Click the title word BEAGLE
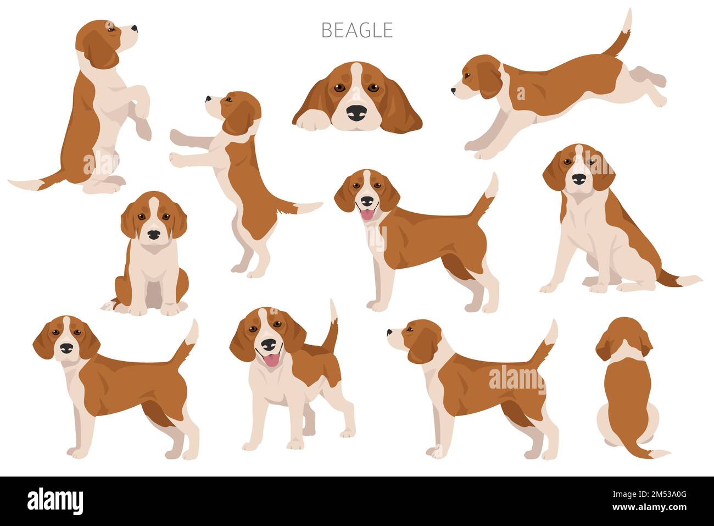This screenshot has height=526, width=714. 356,30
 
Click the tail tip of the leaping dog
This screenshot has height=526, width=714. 628,19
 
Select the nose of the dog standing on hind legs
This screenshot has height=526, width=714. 208,99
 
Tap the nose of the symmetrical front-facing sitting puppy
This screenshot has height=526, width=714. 154,235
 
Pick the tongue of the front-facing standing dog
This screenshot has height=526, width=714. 270,361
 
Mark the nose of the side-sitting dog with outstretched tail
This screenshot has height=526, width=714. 579,179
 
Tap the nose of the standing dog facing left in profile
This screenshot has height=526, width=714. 390,331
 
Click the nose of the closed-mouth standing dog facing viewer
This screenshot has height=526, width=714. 66,348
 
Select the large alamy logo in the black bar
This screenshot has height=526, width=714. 55,501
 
